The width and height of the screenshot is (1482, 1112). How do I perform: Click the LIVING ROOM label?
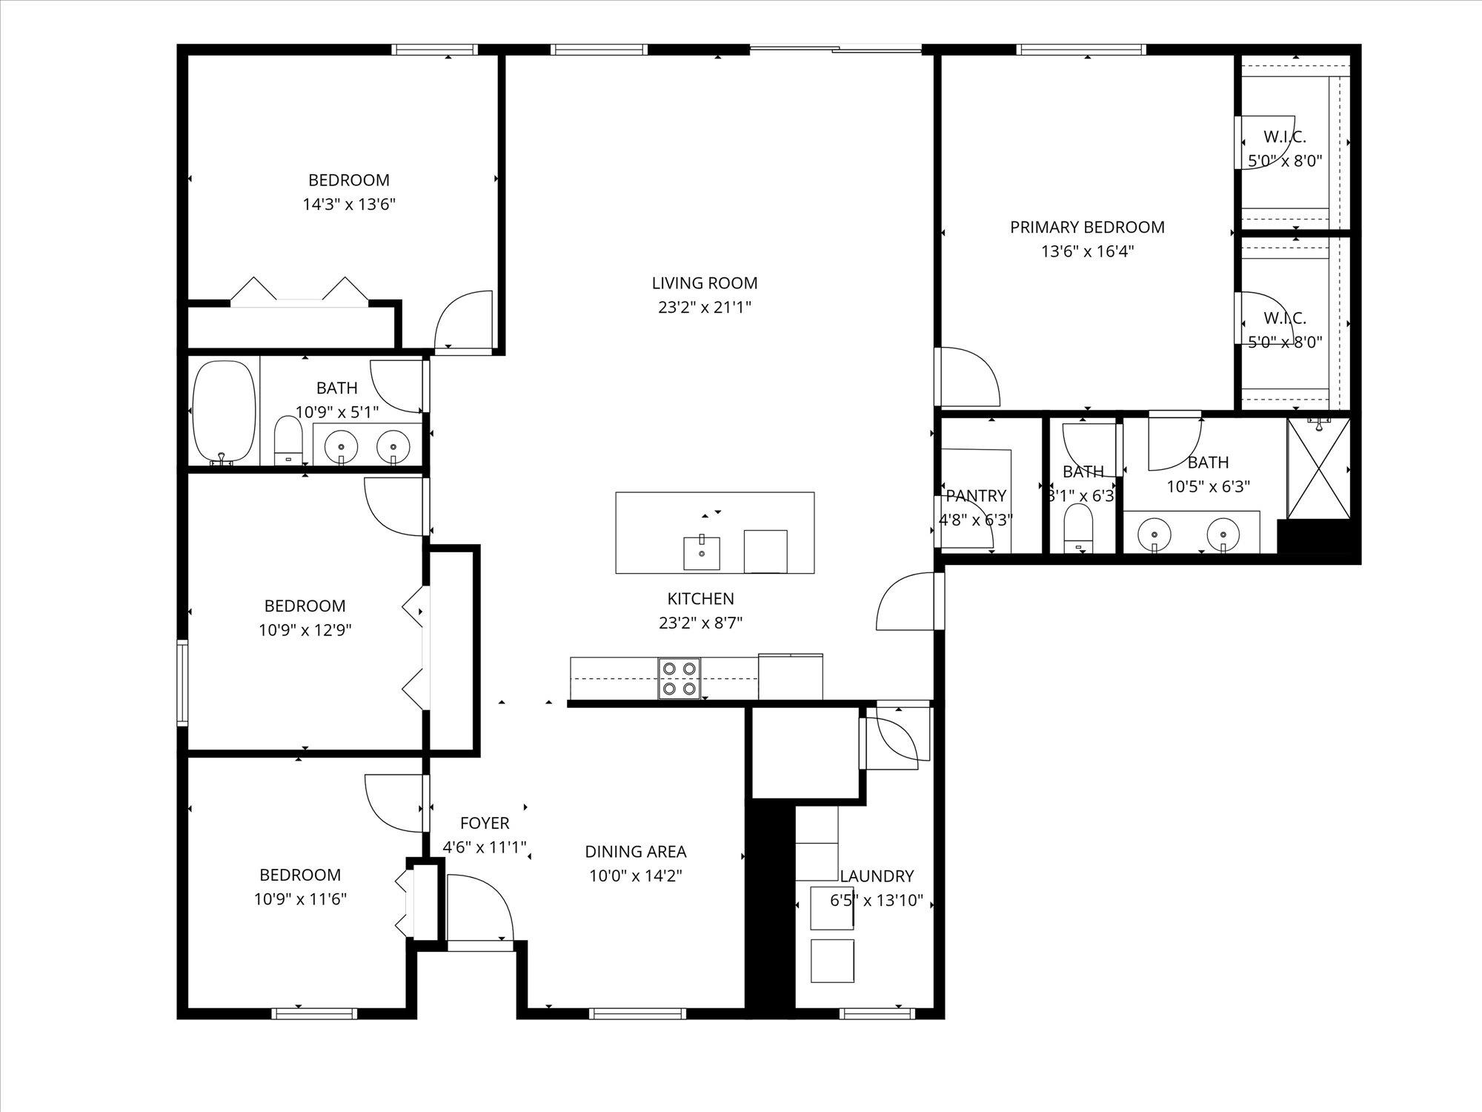pyautogui.click(x=705, y=283)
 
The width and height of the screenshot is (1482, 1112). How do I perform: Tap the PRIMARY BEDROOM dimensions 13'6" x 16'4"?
pyautogui.click(x=1087, y=251)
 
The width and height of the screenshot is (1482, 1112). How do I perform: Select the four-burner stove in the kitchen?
pyautogui.click(x=679, y=678)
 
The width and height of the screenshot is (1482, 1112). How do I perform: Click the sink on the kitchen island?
pyautogui.click(x=701, y=552)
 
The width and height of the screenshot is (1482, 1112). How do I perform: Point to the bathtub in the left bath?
pyautogui.click(x=224, y=411)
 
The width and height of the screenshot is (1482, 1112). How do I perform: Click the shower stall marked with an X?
pyautogui.click(x=1318, y=469)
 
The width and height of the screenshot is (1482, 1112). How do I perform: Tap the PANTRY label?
pyautogui.click(x=976, y=496)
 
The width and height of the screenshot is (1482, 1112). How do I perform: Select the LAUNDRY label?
pyautogui.click(x=876, y=876)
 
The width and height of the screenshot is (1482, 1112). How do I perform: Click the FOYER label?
pyautogui.click(x=485, y=823)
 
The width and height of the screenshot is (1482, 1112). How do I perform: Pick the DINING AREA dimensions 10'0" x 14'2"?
pyautogui.click(x=635, y=876)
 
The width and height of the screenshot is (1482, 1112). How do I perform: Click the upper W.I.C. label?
pyautogui.click(x=1284, y=137)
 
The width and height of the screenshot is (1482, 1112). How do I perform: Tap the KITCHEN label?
pyautogui.click(x=700, y=599)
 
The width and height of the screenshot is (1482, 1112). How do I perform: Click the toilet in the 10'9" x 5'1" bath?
pyautogui.click(x=288, y=440)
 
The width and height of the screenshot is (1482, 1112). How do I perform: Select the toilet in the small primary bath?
pyautogui.click(x=1078, y=528)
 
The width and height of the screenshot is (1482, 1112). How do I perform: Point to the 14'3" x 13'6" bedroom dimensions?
pyautogui.click(x=348, y=205)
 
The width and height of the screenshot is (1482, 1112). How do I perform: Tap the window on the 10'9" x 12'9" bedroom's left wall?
pyautogui.click(x=182, y=682)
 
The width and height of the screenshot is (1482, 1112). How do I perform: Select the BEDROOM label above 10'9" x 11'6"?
pyautogui.click(x=300, y=875)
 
